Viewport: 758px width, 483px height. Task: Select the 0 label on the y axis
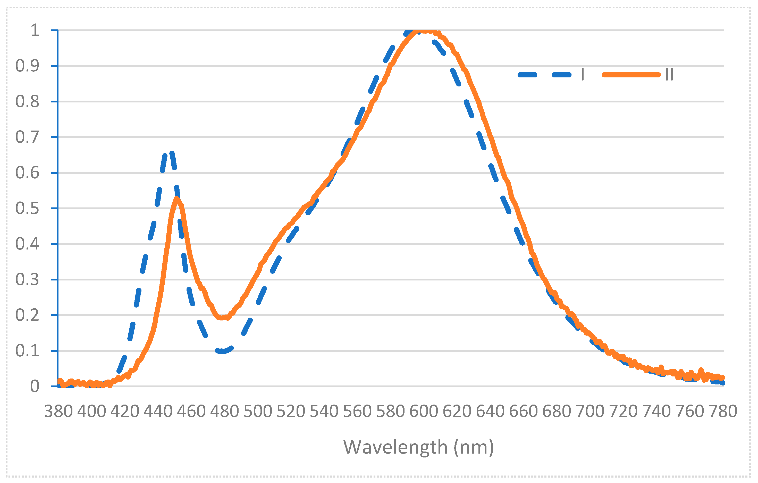pos(35,387)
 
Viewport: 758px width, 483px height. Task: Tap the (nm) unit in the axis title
pos(474,447)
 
